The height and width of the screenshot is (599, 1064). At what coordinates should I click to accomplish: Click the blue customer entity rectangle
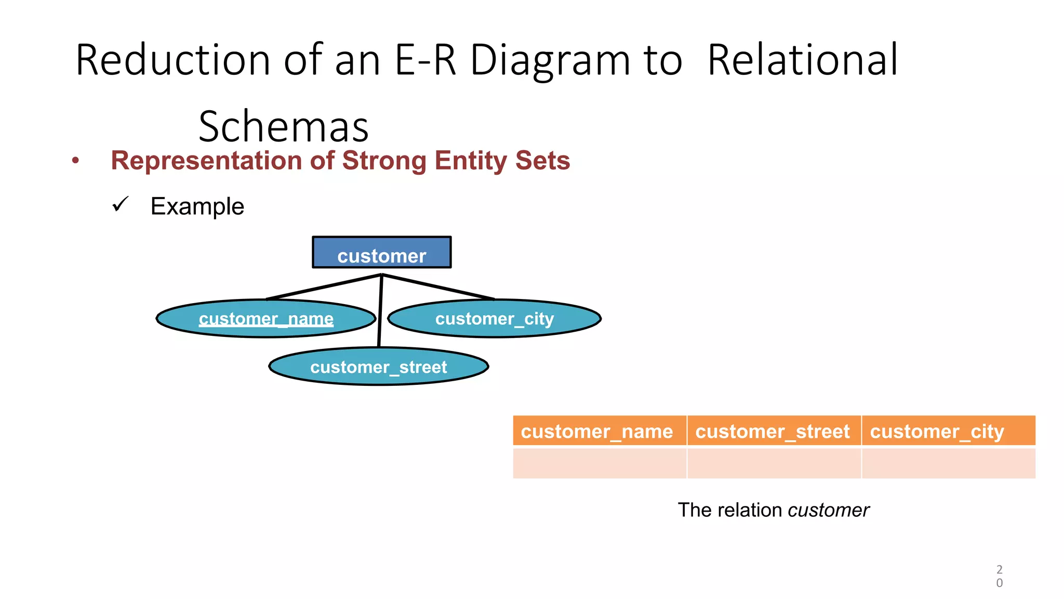pyautogui.click(x=381, y=253)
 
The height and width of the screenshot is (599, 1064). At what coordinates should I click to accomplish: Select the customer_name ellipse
pyautogui.click(x=266, y=318)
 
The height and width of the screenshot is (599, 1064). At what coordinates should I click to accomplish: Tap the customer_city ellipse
pyautogui.click(x=494, y=318)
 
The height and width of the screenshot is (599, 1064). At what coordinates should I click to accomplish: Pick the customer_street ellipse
pyautogui.click(x=378, y=367)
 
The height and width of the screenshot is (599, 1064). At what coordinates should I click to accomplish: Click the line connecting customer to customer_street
pyautogui.click(x=380, y=312)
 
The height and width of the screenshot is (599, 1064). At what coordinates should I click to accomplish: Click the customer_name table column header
pyautogui.click(x=598, y=431)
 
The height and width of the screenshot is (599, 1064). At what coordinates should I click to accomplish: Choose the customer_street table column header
pyautogui.click(x=773, y=431)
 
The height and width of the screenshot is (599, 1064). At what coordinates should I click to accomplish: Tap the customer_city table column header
pyautogui.click(x=948, y=431)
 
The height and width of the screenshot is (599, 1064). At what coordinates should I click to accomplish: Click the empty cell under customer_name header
pyautogui.click(x=598, y=463)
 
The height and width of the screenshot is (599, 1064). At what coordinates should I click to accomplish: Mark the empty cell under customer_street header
pyautogui.click(x=773, y=463)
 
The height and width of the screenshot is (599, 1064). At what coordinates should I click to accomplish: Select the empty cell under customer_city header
pyautogui.click(x=948, y=463)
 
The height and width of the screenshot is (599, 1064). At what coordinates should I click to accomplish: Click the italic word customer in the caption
pyautogui.click(x=828, y=510)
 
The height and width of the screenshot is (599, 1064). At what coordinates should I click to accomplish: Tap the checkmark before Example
pyautogui.click(x=120, y=204)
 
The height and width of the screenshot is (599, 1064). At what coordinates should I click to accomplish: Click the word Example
pyautogui.click(x=197, y=206)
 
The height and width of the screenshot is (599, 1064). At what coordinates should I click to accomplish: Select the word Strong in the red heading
pyautogui.click(x=385, y=160)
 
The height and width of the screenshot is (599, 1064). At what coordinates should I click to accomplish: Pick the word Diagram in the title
pyautogui.click(x=550, y=60)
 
